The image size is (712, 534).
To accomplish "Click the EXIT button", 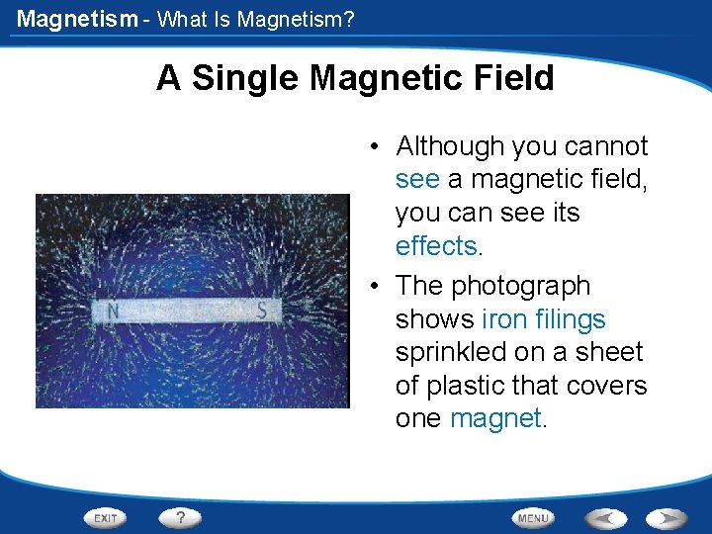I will (106, 517).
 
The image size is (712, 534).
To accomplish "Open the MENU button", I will (533, 517).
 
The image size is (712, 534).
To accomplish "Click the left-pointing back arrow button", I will (605, 517).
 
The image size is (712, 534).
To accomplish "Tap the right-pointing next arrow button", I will (667, 517).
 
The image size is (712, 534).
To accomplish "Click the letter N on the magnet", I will (114, 311).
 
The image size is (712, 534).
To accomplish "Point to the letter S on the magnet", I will (262, 311).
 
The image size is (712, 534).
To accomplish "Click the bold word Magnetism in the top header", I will (77, 19).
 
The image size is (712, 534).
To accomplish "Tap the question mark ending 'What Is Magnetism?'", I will (348, 19).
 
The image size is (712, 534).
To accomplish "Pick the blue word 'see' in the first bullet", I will (417, 179).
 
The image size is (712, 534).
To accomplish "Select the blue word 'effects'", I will (435, 245).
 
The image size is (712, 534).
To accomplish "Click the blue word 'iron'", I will (501, 318).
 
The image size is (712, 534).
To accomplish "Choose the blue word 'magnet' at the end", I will (494, 418).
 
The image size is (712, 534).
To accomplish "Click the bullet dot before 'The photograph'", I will (377, 287).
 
